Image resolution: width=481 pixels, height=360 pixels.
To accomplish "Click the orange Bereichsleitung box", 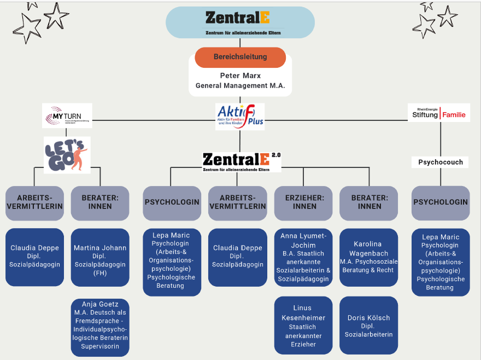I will [240, 57].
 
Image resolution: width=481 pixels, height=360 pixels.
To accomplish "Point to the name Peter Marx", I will [240, 76].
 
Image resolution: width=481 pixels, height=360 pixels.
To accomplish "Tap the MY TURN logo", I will [67, 115].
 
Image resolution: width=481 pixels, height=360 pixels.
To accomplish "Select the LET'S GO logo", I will [67, 155].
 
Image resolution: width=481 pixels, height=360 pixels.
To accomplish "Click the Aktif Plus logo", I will [240, 117].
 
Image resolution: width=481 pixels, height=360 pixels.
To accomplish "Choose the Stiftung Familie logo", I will [440, 114].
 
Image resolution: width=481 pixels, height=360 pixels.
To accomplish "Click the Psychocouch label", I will [441, 162].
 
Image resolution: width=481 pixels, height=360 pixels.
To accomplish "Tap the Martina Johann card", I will [100, 257].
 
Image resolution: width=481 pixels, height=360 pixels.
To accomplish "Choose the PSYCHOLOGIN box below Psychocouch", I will [441, 202].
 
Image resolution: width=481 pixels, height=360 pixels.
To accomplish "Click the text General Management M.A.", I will [240, 86].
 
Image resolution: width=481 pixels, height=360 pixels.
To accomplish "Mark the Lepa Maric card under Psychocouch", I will [441, 262].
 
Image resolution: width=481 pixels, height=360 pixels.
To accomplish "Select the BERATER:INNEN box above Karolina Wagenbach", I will [369, 202].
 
